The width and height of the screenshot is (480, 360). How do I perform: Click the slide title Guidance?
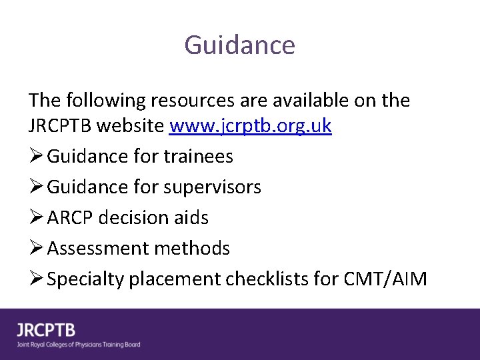[x=239, y=45]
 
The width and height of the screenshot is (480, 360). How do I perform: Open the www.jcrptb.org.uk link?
[x=251, y=126]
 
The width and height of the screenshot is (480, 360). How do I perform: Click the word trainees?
[x=199, y=157]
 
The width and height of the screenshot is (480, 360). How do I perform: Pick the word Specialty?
[x=85, y=279]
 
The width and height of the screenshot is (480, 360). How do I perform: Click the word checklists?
[x=269, y=279]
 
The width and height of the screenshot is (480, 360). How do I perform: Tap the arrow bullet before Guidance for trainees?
[x=35, y=157]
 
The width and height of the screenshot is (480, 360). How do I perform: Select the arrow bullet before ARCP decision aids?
[x=35, y=218]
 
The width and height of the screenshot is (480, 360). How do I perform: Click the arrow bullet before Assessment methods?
[x=35, y=249]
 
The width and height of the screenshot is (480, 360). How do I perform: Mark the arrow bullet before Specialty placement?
[x=35, y=279]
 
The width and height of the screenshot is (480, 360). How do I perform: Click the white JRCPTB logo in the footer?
[x=47, y=330]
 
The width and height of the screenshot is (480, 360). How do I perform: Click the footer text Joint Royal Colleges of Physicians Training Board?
[x=79, y=345]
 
